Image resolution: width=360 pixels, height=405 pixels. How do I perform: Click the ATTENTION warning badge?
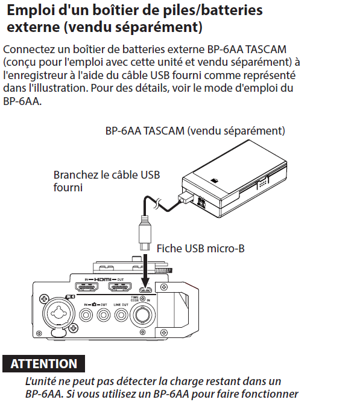click(x=43, y=363)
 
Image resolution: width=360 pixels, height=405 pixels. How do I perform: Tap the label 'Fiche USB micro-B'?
click(x=201, y=249)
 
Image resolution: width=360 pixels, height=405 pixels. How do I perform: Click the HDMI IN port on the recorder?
click(x=86, y=287)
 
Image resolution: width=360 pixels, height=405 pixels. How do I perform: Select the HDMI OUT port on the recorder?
click(x=119, y=287)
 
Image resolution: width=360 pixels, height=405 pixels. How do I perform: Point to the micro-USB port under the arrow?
click(x=145, y=290)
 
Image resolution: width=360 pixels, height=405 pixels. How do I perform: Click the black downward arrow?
click(x=145, y=270)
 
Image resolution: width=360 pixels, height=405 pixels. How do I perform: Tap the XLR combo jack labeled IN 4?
click(x=58, y=314)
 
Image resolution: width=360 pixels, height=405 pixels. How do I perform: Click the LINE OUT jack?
click(x=121, y=315)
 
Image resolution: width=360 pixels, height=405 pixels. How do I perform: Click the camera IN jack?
click(x=86, y=315)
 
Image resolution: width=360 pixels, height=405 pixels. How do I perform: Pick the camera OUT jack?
click(x=104, y=315)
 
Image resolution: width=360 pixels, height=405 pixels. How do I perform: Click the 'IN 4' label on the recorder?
click(x=70, y=297)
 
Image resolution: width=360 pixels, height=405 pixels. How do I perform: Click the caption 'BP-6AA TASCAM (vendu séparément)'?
click(x=195, y=131)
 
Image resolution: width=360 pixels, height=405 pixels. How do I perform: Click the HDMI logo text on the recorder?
click(x=103, y=279)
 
